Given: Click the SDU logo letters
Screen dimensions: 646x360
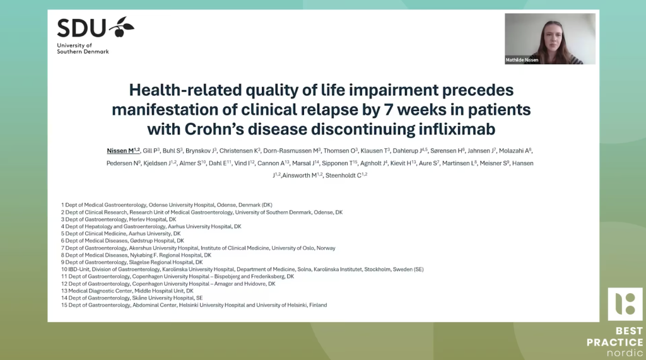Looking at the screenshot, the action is (81, 28).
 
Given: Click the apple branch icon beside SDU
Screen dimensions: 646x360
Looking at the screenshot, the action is (122, 26).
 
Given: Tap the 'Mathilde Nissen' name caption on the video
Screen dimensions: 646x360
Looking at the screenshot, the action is (522, 60).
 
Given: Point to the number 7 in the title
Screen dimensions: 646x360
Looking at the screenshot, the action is (388, 110).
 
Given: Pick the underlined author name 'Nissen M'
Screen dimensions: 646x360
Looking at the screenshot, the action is (123, 151).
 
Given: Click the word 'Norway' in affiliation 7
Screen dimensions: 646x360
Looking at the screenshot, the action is (326, 248).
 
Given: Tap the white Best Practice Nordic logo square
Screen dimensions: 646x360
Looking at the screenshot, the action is (625, 304).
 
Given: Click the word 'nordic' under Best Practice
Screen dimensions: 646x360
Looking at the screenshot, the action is (625, 352).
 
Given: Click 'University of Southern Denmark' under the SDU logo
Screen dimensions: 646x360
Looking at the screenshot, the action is (83, 49).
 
